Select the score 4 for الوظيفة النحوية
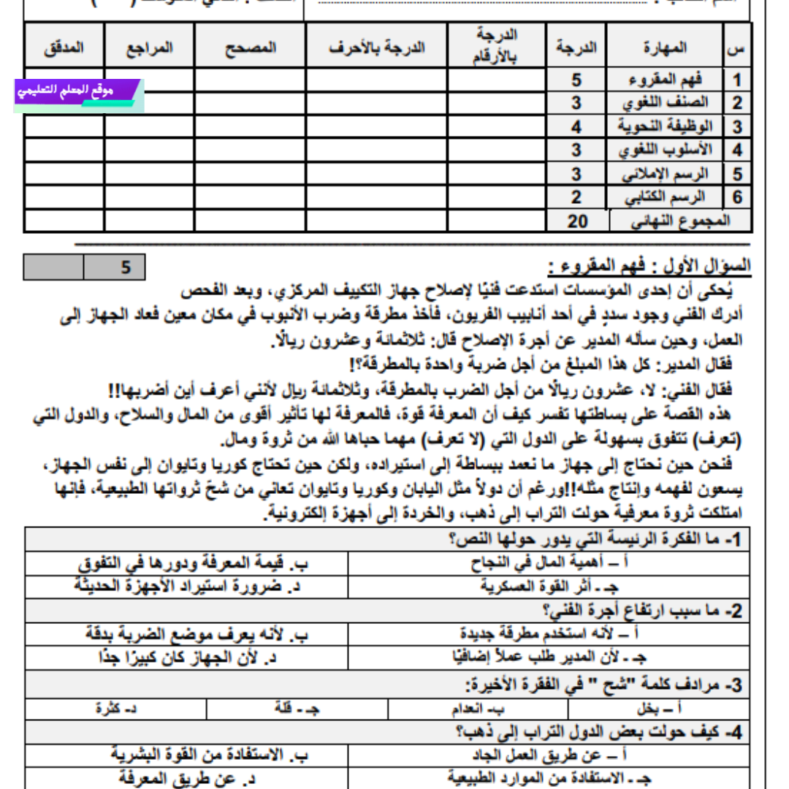click(x=576, y=126)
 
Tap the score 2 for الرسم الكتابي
click(x=576, y=197)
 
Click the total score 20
click(x=576, y=221)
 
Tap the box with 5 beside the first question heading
click(x=126, y=267)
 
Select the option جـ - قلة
click(x=297, y=708)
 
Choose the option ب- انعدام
click(x=479, y=708)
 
